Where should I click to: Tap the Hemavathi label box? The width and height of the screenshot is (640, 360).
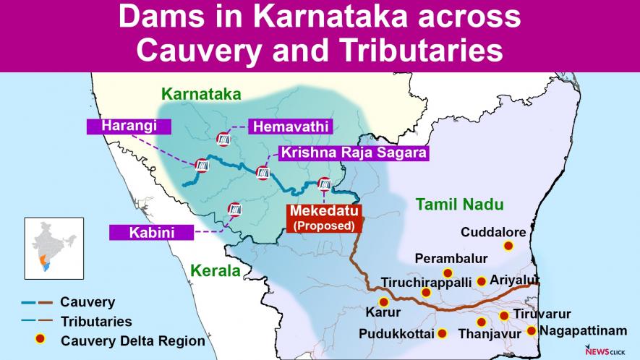289,127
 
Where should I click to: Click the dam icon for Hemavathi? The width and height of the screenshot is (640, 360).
223,138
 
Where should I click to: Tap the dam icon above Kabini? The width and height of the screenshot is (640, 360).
234,209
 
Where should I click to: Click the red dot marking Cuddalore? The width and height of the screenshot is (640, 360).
508,246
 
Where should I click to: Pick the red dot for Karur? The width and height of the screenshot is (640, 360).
383,301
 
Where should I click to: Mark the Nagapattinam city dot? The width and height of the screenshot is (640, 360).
532,331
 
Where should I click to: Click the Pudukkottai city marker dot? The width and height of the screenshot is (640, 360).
443,334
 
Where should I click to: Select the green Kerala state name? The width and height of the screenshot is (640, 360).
215,271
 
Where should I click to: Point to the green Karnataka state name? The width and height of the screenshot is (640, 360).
201,94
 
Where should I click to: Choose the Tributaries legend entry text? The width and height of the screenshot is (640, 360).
96,321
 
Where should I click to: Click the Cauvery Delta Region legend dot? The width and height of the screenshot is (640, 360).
41,340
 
